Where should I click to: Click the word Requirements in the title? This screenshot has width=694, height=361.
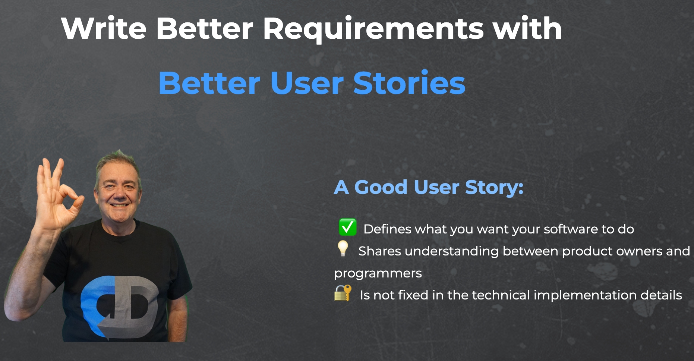click(373, 29)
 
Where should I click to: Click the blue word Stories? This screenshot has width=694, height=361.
click(409, 83)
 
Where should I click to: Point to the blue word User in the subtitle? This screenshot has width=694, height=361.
click(307, 83)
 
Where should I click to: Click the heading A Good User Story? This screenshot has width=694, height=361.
click(429, 187)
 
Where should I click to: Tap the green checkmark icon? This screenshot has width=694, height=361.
click(347, 227)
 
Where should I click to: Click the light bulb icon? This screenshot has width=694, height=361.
click(343, 248)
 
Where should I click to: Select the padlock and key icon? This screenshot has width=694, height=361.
click(343, 293)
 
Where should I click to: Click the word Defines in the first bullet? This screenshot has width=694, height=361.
click(387, 229)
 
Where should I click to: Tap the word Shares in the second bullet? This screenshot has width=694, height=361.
click(380, 251)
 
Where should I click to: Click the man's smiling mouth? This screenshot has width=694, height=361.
click(120, 205)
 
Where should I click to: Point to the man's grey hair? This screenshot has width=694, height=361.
click(118, 163)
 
